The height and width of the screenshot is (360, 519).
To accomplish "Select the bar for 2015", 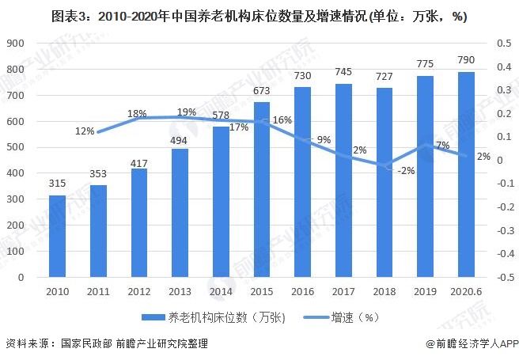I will tap(262, 190).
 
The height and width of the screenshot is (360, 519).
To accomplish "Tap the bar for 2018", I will tap(384, 183).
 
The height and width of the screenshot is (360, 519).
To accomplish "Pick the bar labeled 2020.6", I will tap(466, 175).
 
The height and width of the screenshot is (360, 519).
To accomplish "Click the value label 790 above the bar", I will tap(466, 62).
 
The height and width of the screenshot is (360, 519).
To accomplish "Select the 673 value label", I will tap(262, 92).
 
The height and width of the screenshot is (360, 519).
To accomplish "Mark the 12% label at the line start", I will tap(86, 131).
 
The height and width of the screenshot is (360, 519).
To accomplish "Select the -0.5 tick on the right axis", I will tap(502, 278).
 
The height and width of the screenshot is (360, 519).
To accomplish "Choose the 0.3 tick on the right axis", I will tap(502, 90).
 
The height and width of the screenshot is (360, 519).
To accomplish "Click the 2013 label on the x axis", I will tap(180, 291).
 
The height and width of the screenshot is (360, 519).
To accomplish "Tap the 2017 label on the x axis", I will tap(343, 291).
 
